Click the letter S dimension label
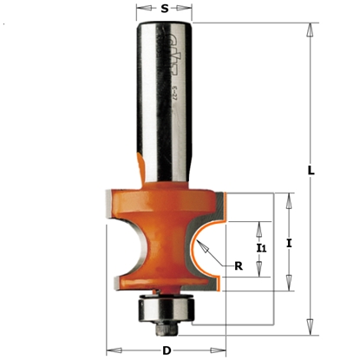tap(165, 10)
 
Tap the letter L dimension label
tap(310, 170)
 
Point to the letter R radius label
tap(239, 265)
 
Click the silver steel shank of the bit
tap(165, 104)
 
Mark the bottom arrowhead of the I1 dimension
tap(259, 273)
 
